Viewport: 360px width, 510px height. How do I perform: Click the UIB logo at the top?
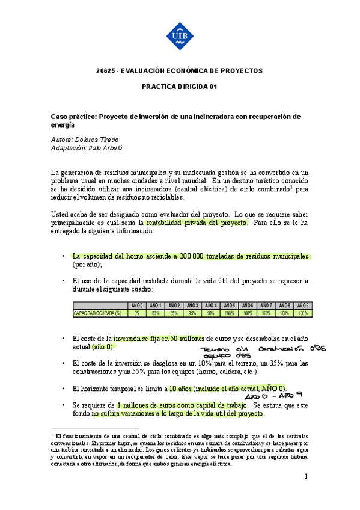tap(180, 35)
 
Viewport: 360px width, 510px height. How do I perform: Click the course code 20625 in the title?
tap(106, 71)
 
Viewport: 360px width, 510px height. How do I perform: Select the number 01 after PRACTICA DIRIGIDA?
tap(213, 87)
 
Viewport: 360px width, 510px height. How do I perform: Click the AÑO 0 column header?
tap(137, 306)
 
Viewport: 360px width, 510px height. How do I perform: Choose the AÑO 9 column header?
tap(303, 306)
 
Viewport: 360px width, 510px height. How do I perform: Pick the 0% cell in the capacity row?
tap(137, 313)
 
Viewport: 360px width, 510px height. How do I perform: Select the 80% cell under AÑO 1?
tap(156, 313)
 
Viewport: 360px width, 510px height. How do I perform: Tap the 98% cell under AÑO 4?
tap(211, 313)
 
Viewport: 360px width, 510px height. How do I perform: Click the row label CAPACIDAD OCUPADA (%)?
tap(97, 313)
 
